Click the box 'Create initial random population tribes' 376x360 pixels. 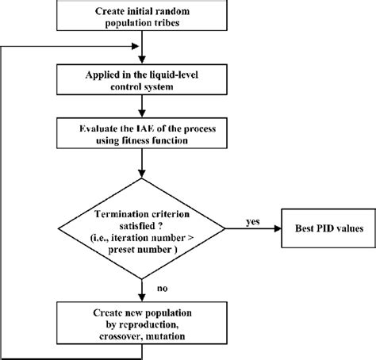click(x=140, y=17)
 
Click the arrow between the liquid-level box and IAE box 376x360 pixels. click(x=140, y=105)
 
